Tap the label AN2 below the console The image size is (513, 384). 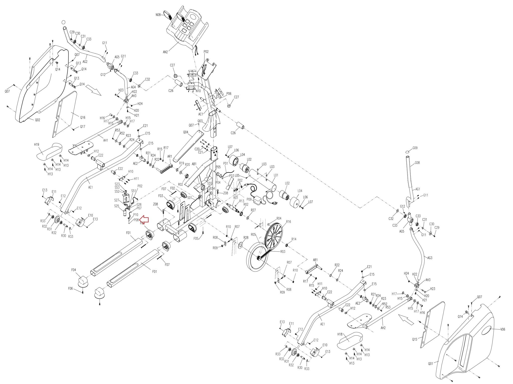point(165,52)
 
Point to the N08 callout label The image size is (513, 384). point(158,15)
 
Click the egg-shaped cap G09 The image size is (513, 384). point(408,152)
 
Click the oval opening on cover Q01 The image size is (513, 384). point(485,330)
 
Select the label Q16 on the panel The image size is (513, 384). point(83,117)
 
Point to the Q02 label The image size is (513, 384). point(37,120)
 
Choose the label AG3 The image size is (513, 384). point(430,258)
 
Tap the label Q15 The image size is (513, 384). point(415,340)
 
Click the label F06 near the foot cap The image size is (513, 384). point(70,289)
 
